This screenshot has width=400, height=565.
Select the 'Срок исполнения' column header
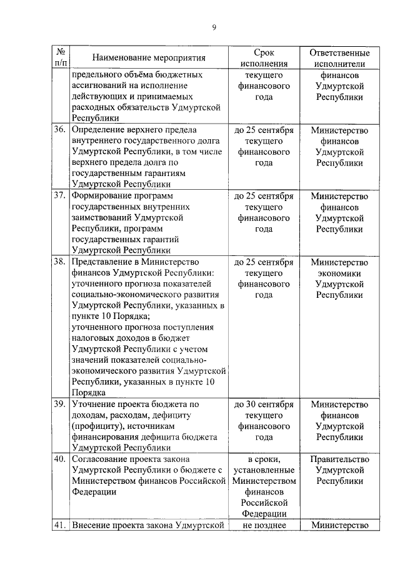tap(264, 58)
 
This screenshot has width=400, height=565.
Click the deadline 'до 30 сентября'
tap(264, 404)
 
